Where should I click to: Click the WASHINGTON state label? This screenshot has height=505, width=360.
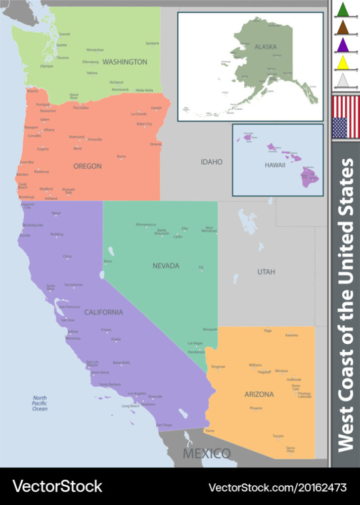[x=125, y=62]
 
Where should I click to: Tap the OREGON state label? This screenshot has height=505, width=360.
[x=87, y=166]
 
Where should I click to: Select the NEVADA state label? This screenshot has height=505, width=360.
[x=166, y=266]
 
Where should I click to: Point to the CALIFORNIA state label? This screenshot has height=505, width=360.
[x=103, y=312]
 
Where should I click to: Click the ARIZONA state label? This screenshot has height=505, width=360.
[x=259, y=394]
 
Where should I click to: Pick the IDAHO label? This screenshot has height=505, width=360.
[x=211, y=162]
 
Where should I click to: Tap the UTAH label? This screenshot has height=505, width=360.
[x=266, y=272]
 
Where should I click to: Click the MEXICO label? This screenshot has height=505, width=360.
[x=207, y=453]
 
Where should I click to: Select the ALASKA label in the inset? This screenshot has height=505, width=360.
[x=266, y=47]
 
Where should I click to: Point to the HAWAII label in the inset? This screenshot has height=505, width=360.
[x=275, y=165]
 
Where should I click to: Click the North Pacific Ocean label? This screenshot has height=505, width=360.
[x=40, y=403]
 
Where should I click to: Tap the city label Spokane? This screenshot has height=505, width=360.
[x=152, y=44]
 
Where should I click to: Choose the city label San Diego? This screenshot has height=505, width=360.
[x=164, y=425]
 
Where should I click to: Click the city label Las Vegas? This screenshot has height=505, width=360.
[x=195, y=343]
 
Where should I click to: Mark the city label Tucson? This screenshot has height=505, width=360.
[x=278, y=436]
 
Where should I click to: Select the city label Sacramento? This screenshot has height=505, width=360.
[x=73, y=285]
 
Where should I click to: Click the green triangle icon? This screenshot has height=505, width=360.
[x=342, y=9]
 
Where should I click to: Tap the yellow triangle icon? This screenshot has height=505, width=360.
[x=342, y=62]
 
